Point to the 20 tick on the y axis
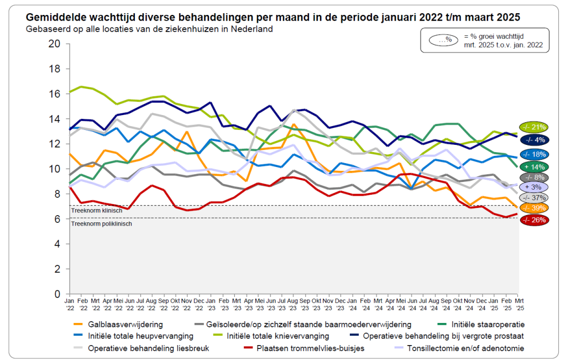click(x=55, y=44)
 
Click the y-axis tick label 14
click(x=55, y=119)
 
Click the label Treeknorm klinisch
click(x=97, y=211)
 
